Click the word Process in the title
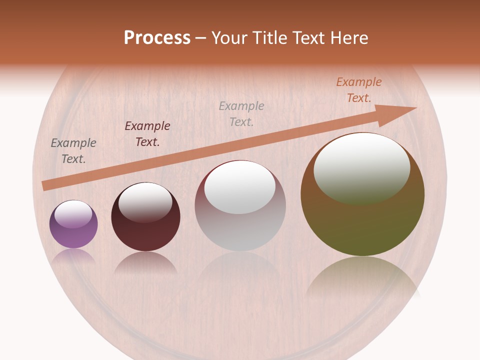tap(157, 38)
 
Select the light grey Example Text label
tap(241, 113)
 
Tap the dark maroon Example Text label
tap(147, 134)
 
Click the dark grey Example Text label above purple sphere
tap(73, 151)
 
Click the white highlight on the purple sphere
tap(73, 214)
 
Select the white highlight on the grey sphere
tap(240, 187)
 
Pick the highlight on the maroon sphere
tap(145, 202)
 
